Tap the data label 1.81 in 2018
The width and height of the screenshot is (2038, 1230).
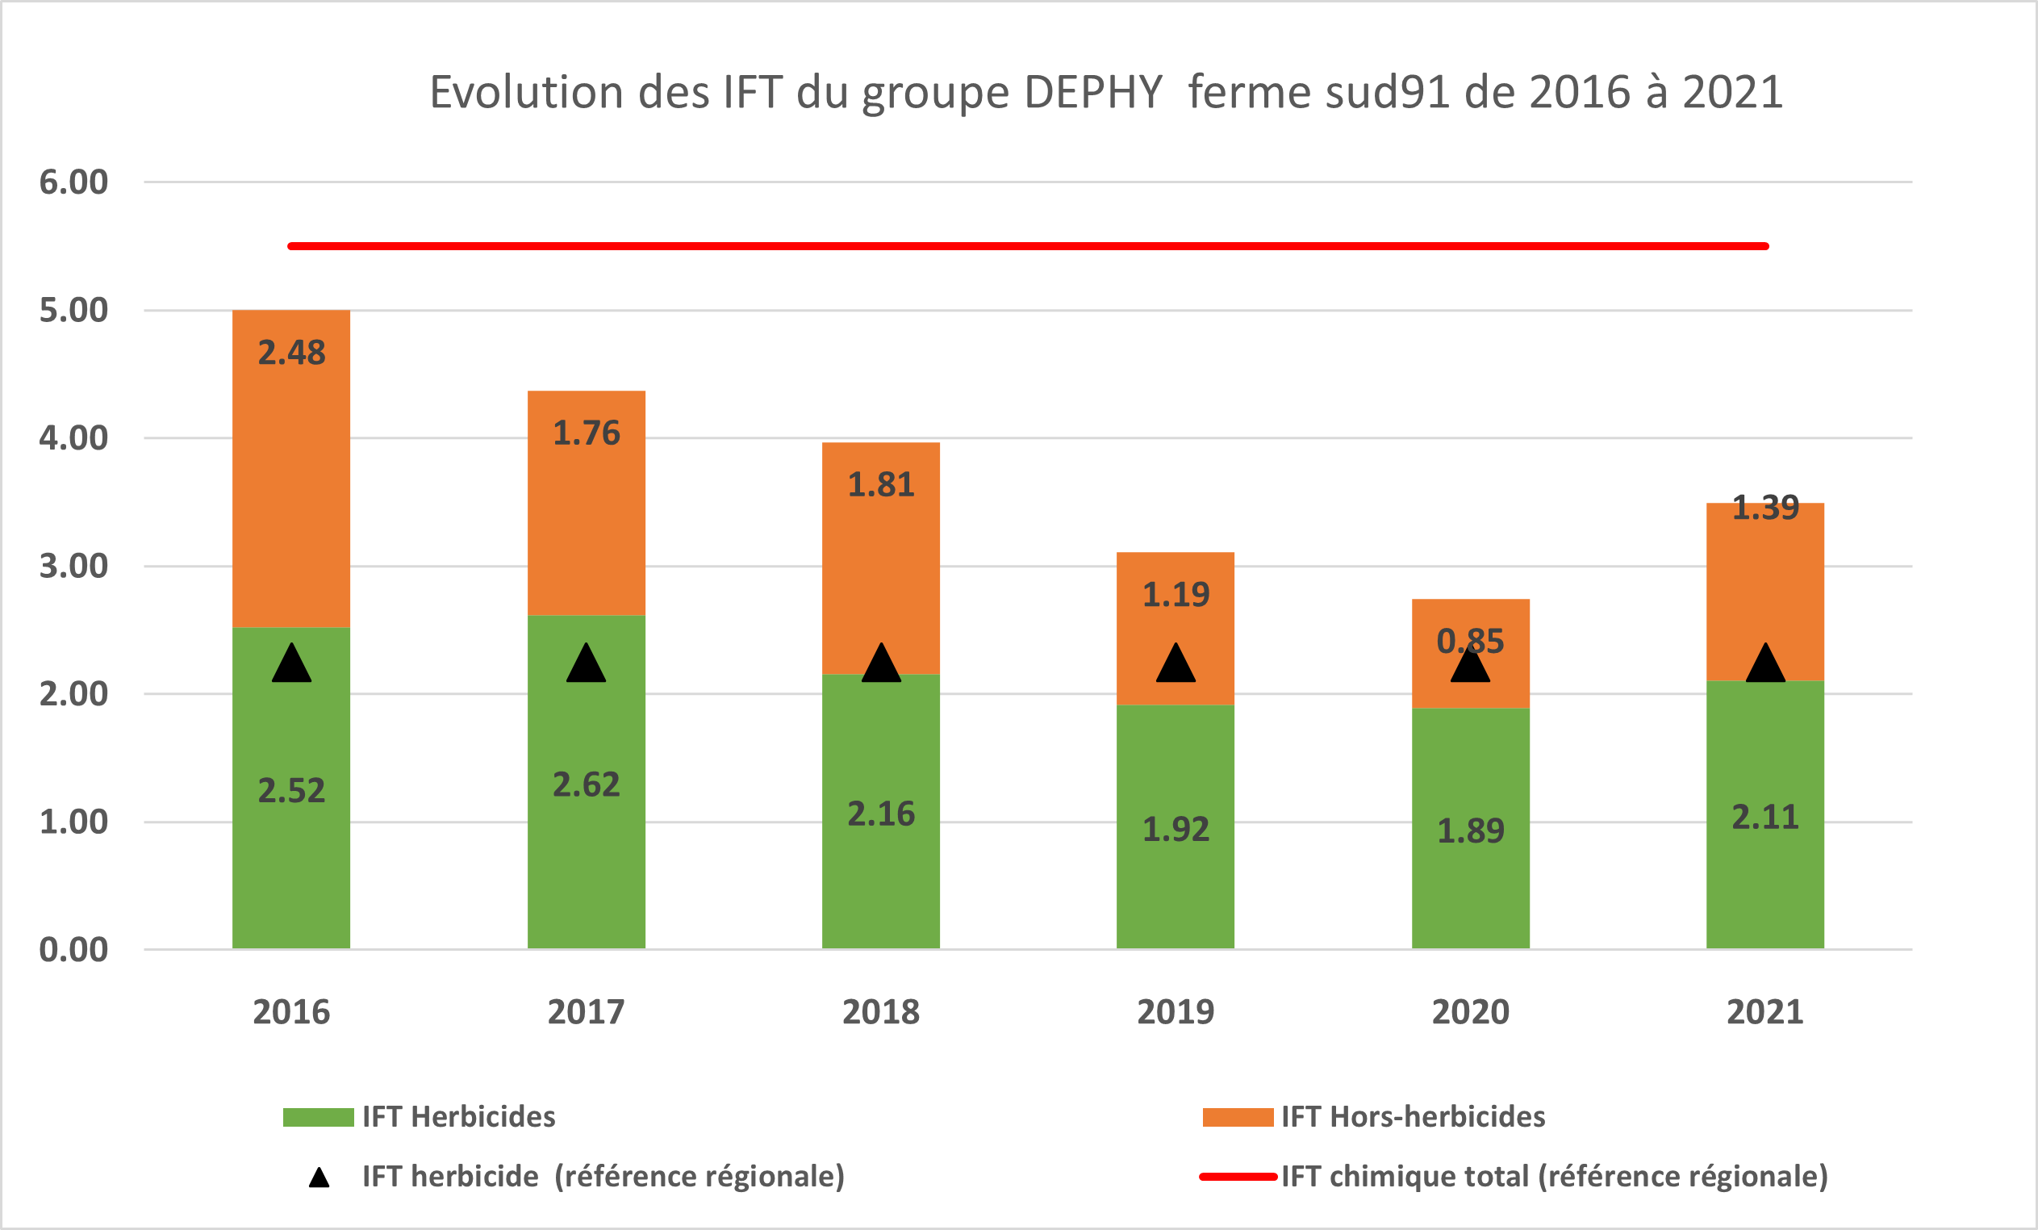pyautogui.click(x=881, y=485)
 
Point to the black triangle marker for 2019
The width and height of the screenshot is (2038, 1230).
pyautogui.click(x=1176, y=664)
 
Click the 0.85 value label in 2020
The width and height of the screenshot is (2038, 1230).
pyautogui.click(x=1470, y=641)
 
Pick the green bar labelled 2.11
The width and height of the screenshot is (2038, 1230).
pyautogui.click(x=1765, y=876)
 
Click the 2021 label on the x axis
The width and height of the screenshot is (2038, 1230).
pyautogui.click(x=1765, y=1012)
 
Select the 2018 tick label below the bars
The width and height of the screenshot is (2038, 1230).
pyautogui.click(x=881, y=1012)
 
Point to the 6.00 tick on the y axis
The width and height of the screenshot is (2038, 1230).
pyautogui.click(x=73, y=182)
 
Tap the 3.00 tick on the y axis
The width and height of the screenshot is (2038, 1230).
pyautogui.click(x=73, y=567)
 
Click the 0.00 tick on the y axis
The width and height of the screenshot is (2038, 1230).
pyautogui.click(x=73, y=950)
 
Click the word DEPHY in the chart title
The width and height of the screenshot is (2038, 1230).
pyautogui.click(x=1092, y=92)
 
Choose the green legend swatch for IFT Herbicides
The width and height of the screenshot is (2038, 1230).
pyautogui.click(x=318, y=1117)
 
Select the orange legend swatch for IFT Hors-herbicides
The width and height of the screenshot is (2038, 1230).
pyautogui.click(x=1238, y=1117)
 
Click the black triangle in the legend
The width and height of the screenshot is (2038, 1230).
pyautogui.click(x=319, y=1178)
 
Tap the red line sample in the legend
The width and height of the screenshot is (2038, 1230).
pyautogui.click(x=1238, y=1176)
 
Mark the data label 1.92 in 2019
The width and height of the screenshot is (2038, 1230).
pyautogui.click(x=1176, y=830)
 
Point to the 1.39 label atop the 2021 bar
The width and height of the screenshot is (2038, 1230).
pyautogui.click(x=1765, y=508)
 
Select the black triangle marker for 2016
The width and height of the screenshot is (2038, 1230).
pyautogui.click(x=291, y=664)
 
